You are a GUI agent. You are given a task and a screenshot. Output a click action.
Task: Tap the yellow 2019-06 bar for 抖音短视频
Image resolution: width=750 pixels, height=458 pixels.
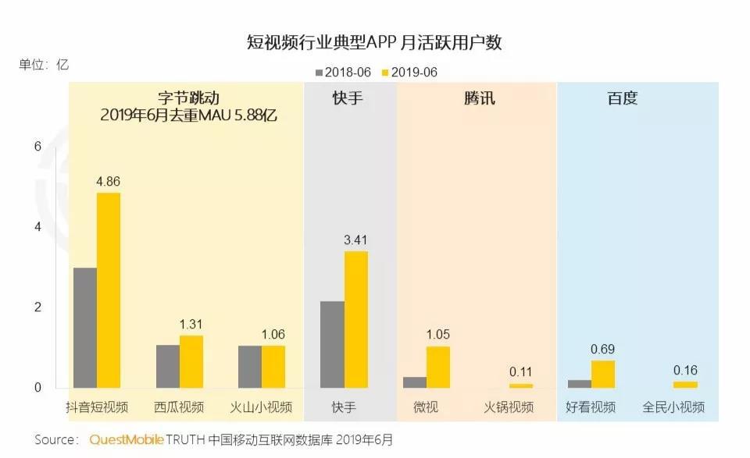[x=109, y=290]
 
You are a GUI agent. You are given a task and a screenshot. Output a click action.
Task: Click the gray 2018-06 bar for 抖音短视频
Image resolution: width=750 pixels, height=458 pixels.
[x=85, y=328]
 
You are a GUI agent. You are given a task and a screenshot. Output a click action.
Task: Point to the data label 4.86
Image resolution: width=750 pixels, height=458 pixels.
[x=109, y=182]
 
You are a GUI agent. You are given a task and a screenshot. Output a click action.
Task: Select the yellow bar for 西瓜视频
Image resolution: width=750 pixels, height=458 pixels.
[x=191, y=361]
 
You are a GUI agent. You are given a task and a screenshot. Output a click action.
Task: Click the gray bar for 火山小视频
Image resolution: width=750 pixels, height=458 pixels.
[x=250, y=367]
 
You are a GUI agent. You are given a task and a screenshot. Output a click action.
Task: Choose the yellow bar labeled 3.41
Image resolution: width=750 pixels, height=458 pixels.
[x=355, y=320]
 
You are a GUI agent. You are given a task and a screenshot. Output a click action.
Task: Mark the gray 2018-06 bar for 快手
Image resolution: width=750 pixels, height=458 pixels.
[x=332, y=344]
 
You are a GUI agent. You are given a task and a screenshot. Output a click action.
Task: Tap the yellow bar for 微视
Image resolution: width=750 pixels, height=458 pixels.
[x=438, y=367]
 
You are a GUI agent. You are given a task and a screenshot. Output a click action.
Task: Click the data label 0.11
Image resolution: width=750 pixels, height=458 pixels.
[x=520, y=372]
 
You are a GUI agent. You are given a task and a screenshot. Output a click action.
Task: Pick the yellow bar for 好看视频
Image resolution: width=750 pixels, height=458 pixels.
[x=603, y=374]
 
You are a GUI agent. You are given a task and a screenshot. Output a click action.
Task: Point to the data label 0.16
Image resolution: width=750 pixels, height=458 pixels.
[x=685, y=371]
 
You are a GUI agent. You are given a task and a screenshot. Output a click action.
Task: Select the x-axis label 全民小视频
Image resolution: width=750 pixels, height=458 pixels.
[x=673, y=407]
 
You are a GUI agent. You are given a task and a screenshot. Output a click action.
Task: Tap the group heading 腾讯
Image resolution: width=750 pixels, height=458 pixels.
[x=479, y=99]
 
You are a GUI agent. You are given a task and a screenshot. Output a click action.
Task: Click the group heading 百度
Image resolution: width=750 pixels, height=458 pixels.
[x=623, y=99]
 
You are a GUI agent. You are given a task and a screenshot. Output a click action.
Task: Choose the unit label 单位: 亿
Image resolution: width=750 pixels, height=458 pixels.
[x=44, y=65]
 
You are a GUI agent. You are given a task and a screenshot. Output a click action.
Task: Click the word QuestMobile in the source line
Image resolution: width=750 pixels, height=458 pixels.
[x=127, y=440]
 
